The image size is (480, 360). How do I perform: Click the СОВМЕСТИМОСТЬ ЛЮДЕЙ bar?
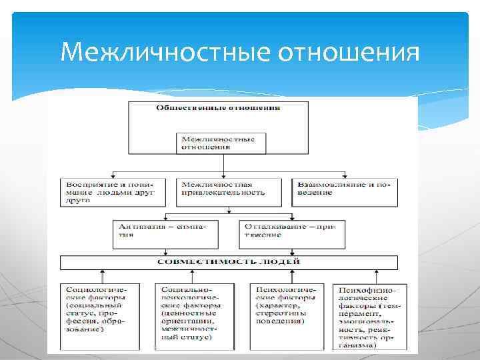point(229,262)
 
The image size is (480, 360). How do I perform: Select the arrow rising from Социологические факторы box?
point(103,275)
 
